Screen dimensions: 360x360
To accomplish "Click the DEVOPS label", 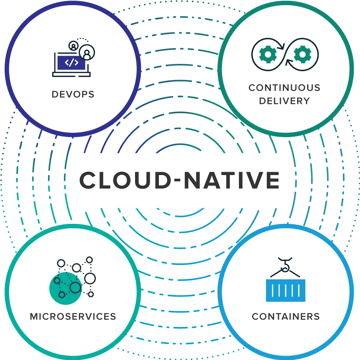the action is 73,94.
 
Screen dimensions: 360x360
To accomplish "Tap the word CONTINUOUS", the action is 284,88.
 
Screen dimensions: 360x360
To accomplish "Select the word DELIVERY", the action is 284,101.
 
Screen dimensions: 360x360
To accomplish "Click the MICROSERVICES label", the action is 73,316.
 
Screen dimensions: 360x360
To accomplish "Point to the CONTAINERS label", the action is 286,316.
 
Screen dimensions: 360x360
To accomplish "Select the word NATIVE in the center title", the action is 232,180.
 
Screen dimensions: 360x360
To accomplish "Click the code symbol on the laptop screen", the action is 72,62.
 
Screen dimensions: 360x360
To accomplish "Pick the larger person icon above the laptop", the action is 87,52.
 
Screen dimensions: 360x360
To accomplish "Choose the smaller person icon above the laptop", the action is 73,46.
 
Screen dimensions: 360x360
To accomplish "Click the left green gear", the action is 268,54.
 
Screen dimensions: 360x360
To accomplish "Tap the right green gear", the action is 303,54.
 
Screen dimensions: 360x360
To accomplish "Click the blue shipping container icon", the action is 286,290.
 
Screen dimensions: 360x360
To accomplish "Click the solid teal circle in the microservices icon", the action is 66,288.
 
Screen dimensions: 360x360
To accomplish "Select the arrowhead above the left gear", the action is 281,46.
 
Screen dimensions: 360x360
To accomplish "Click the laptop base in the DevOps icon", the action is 72,74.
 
